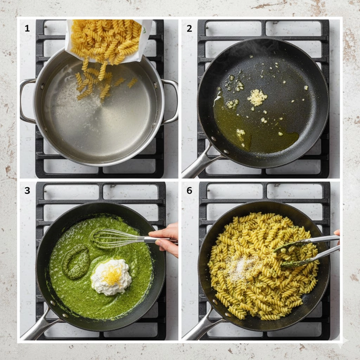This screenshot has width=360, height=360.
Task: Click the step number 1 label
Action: (x=27, y=28)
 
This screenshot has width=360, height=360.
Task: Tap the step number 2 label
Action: (x=189, y=28)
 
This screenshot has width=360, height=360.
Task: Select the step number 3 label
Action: (x=27, y=191)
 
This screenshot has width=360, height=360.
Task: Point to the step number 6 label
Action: (x=189, y=191)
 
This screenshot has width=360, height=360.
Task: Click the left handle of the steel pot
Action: (x=27, y=101)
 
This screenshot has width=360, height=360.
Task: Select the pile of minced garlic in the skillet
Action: (x=257, y=97)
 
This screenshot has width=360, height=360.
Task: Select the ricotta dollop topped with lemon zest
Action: (x=111, y=277)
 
